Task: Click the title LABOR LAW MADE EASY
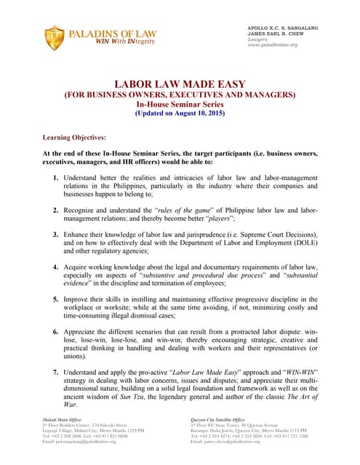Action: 179,84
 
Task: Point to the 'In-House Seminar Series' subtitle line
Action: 180,105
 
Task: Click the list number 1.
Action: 57,176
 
